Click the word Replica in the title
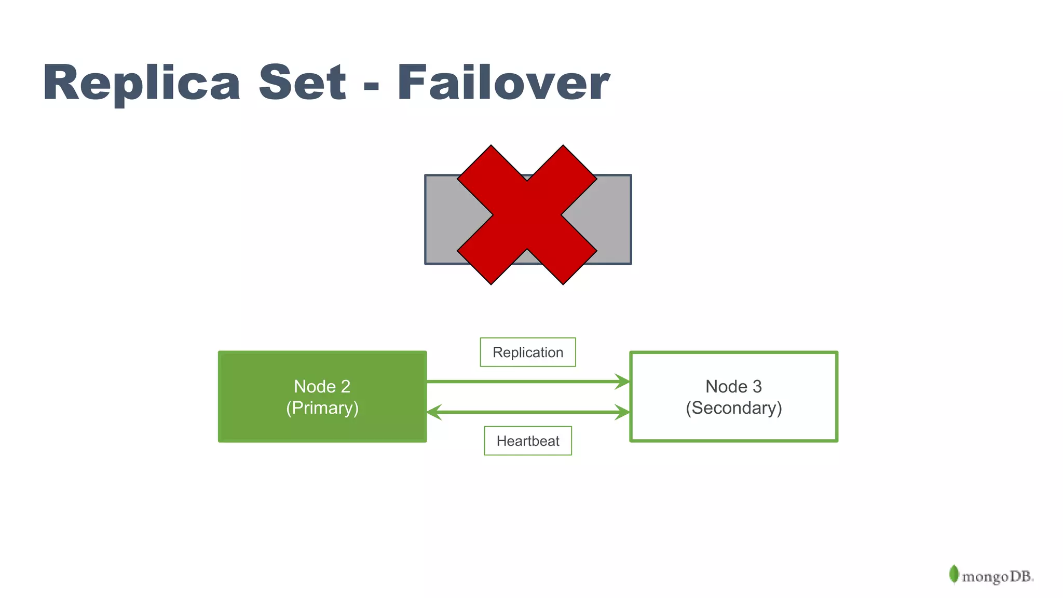pos(141,83)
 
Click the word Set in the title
pos(302,83)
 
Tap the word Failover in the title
pos(503,83)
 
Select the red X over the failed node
pos(527,214)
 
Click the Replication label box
pos(528,352)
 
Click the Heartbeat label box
pos(528,441)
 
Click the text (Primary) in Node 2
pos(322,408)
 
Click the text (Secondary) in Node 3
pos(733,408)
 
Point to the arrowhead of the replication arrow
pos(623,382)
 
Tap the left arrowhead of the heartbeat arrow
pos(434,412)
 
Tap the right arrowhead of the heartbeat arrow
pos(623,412)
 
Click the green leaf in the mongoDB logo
pos(953,574)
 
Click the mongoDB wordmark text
pos(997,577)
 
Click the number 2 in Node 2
pos(345,387)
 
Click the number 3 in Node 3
pos(757,387)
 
